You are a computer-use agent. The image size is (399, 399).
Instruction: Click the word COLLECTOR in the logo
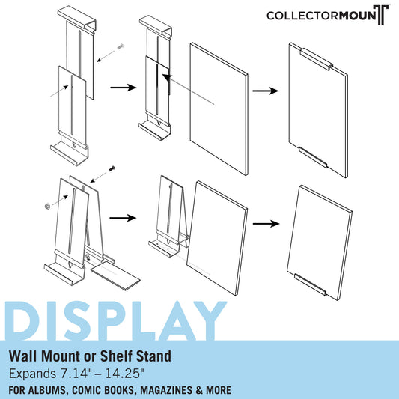[302, 16]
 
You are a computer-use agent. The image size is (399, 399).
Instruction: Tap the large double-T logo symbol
[381, 15]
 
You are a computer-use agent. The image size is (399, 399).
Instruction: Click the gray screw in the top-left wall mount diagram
[121, 47]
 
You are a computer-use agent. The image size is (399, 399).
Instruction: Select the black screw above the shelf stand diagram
[112, 168]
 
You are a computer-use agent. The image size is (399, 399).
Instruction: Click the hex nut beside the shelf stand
[47, 206]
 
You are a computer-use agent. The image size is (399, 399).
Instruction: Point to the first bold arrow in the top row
[124, 88]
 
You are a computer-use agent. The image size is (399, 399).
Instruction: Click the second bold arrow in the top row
[266, 91]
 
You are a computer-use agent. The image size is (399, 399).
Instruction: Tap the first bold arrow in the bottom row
[123, 218]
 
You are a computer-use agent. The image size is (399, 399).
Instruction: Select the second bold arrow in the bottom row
[266, 224]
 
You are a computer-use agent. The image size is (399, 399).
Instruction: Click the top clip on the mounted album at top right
[317, 60]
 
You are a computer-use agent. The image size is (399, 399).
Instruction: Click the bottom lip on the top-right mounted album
[313, 157]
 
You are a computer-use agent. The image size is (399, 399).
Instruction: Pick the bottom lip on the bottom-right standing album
[310, 284]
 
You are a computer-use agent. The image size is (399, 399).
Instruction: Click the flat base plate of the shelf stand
[115, 276]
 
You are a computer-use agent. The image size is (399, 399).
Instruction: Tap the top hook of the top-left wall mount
[76, 20]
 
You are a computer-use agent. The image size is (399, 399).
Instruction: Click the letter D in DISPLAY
[22, 320]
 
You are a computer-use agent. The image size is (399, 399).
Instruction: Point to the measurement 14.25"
[125, 374]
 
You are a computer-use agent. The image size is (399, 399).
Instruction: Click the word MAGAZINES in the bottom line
[166, 390]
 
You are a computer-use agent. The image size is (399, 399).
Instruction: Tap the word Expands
[33, 374]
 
